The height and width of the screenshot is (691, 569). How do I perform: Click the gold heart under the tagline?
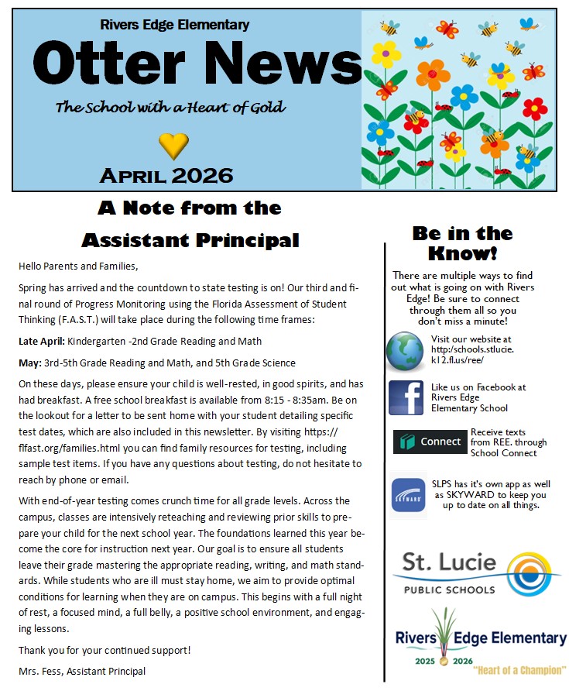173,143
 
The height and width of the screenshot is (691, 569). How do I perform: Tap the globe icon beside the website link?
406,352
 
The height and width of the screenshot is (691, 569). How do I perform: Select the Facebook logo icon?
406,397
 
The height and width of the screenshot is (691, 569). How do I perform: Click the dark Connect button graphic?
430,442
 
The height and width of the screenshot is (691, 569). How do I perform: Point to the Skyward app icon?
407,494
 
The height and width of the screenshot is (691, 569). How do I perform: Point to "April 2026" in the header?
166,175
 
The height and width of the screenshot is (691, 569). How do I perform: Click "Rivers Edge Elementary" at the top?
175,25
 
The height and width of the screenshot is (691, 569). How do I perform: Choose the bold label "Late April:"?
42,341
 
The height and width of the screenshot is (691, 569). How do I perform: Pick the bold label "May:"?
30,363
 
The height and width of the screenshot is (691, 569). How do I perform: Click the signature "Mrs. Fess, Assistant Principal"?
82,671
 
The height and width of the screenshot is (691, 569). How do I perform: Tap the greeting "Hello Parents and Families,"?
78,266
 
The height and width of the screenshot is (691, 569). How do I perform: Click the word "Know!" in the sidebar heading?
462,253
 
